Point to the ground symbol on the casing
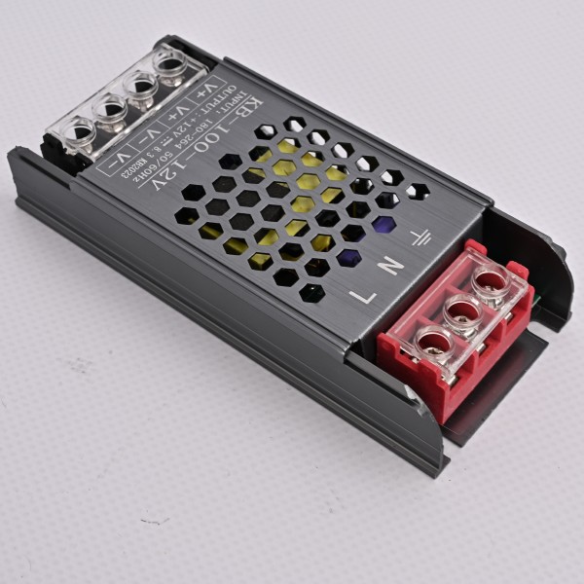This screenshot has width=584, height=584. click(x=420, y=237)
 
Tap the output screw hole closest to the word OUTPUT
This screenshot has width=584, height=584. click(x=172, y=67)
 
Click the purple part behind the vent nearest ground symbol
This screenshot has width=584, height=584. click(x=383, y=225)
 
